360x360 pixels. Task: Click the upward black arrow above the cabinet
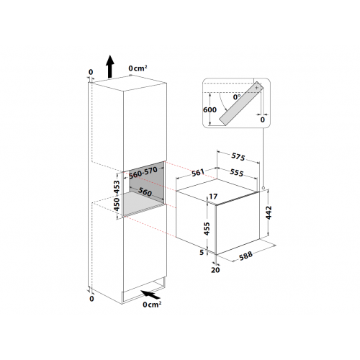click(109, 66)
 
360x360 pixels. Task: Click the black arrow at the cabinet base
click(152, 294)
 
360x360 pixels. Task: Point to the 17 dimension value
click(213, 197)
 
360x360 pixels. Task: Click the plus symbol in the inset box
click(256, 86)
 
